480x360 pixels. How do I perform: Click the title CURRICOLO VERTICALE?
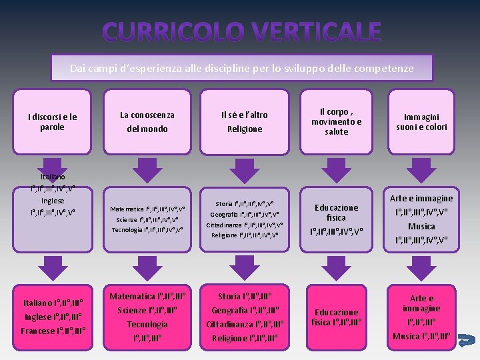pos(242,31)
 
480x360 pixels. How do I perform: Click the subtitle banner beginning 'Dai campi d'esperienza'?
pos(242,68)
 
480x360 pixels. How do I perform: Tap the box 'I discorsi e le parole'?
pos(52,122)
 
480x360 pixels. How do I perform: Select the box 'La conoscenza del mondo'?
pos(147,122)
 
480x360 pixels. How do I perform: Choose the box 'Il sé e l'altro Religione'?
pos(245,122)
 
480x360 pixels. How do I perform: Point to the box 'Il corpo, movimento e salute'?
pos(336,122)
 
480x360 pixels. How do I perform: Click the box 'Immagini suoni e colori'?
pos(421,122)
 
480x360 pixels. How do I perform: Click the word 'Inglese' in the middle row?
pos(53,201)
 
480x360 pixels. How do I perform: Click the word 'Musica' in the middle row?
pos(421,226)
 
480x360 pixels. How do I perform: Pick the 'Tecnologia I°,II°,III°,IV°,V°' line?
pos(147,230)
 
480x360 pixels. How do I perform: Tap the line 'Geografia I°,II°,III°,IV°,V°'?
pos(245,215)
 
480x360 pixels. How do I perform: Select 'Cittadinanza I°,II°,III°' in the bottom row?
pos(245,324)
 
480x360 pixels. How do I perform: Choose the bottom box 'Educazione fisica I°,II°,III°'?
pos(336,317)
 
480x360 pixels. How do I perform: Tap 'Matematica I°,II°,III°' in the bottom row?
pos(147,296)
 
